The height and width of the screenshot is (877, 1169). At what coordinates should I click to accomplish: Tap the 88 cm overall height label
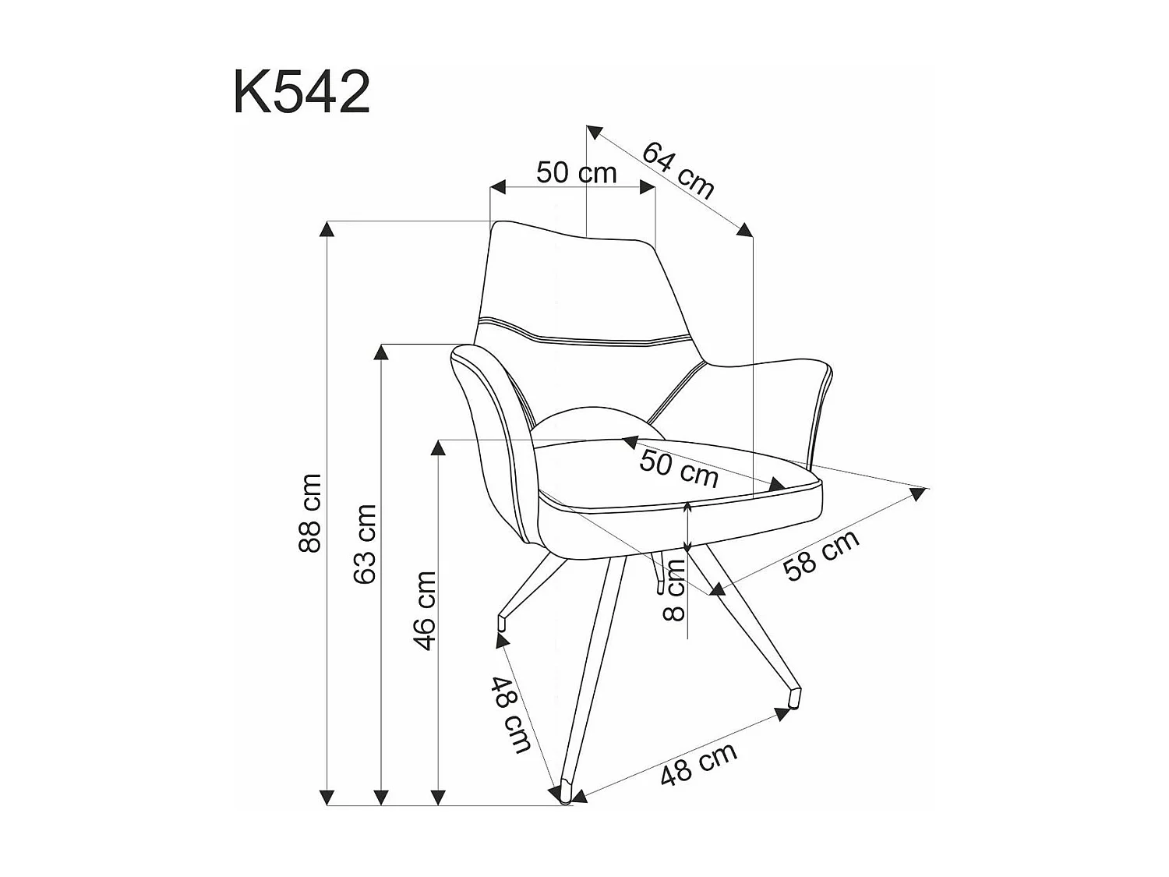coord(310,512)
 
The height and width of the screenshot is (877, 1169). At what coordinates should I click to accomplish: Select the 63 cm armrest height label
coord(365,543)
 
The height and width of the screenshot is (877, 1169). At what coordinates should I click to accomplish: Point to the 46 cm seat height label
coord(425,610)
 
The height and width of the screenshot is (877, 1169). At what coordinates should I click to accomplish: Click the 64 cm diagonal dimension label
coord(678,171)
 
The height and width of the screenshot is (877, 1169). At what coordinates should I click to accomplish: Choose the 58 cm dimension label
coord(821,554)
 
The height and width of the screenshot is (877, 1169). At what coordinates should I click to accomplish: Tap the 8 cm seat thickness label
coord(674,589)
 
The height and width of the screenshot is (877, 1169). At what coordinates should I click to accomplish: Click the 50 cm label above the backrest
coord(576,172)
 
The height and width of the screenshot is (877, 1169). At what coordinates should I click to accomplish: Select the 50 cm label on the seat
coord(679,468)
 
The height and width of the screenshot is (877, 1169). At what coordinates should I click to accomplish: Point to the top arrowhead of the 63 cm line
coord(381,352)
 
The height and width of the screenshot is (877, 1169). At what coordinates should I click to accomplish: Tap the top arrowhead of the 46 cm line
coord(439,447)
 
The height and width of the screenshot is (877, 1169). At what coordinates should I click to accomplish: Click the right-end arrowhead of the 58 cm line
coord(920,493)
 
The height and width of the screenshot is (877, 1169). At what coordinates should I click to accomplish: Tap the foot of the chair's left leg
coord(503,623)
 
